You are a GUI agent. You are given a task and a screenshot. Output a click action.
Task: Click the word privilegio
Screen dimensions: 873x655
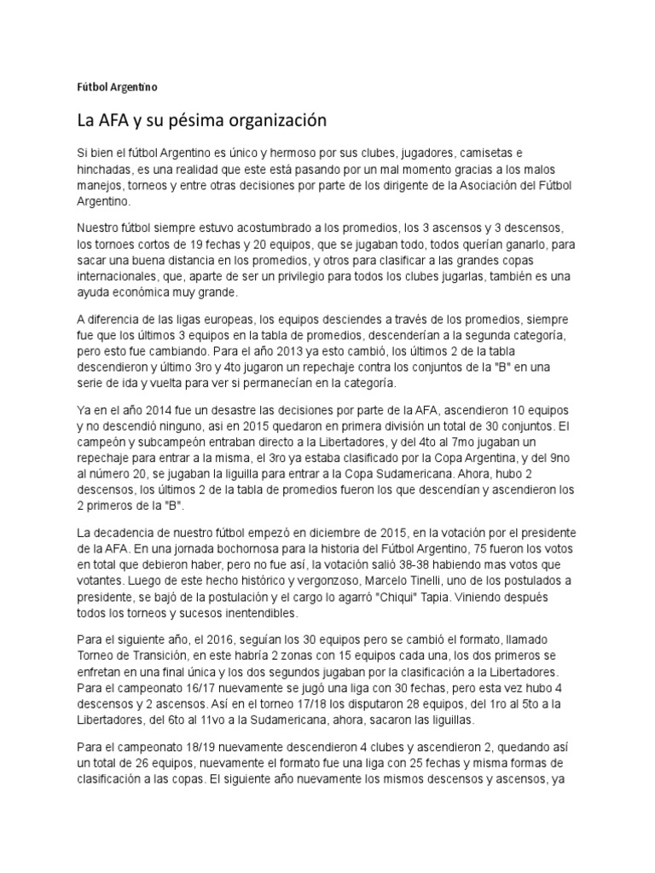(x=323, y=276)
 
